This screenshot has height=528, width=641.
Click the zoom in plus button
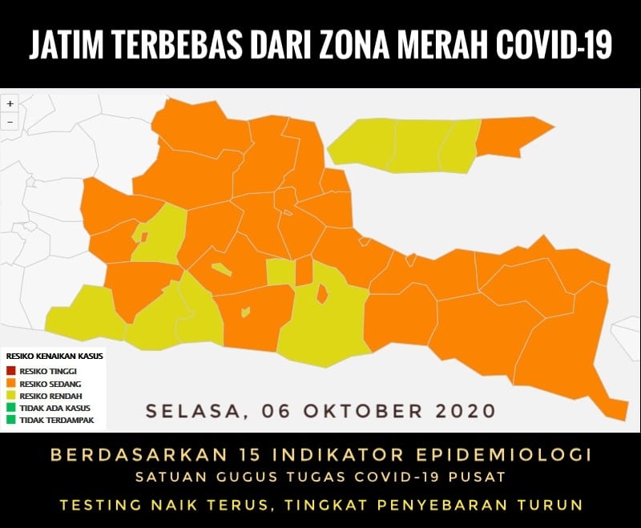point(10,104)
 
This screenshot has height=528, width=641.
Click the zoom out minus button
point(10,122)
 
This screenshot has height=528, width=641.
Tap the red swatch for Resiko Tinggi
point(10,371)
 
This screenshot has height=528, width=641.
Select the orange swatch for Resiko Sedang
point(10,384)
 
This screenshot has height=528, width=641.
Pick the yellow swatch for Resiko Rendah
point(10,396)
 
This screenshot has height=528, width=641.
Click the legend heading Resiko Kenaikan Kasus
point(54,356)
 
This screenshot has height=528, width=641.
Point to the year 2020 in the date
point(466,411)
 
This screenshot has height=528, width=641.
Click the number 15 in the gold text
point(219,455)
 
